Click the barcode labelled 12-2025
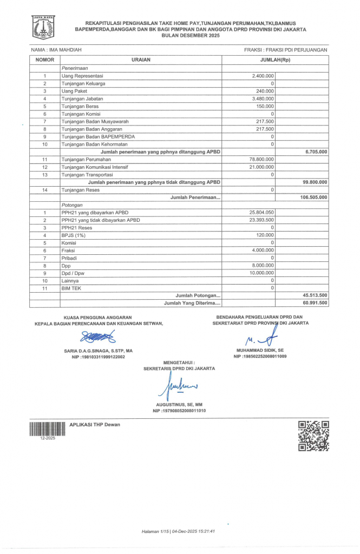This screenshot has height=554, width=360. coord(43,430)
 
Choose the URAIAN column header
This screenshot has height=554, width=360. coord(141,60)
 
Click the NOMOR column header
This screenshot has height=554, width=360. coord(45,60)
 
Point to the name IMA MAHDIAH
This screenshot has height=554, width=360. coord(57,50)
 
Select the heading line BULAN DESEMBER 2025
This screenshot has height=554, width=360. coord(180,35)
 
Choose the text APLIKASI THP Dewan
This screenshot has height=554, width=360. coord(95,425)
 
